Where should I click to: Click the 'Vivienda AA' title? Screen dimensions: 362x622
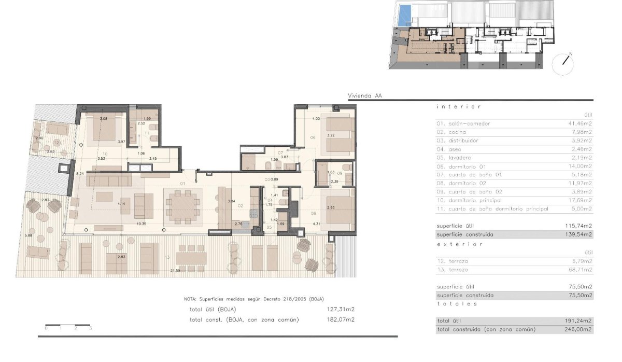tap(365, 95)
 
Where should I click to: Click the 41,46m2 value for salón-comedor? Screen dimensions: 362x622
tap(580, 124)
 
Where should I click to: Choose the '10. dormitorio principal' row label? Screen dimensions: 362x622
tap(469, 200)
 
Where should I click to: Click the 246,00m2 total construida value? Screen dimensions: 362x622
tap(579, 329)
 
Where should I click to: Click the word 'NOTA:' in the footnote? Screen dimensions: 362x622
tap(190, 299)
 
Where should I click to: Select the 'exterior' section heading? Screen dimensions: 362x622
tap(460, 244)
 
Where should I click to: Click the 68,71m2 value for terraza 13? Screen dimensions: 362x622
tap(580, 270)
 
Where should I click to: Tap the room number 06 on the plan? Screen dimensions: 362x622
tap(313, 137)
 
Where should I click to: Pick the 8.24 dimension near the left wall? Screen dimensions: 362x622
tap(79, 174)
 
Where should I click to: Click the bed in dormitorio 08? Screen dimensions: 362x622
tap(337, 207)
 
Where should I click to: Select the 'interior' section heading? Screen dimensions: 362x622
tap(459, 107)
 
